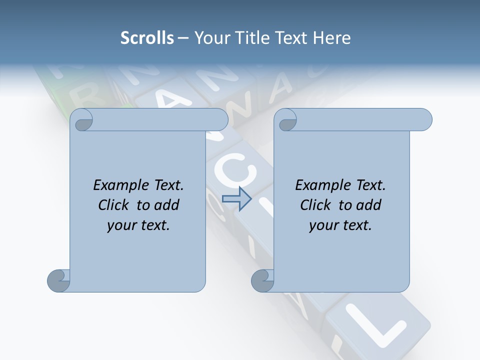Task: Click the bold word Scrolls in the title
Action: coord(147,38)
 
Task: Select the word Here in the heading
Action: coord(332,38)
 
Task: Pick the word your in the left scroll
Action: coord(119,225)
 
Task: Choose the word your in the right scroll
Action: coord(321,225)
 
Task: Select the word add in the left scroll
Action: coord(167,205)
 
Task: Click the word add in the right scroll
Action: coord(369,205)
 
